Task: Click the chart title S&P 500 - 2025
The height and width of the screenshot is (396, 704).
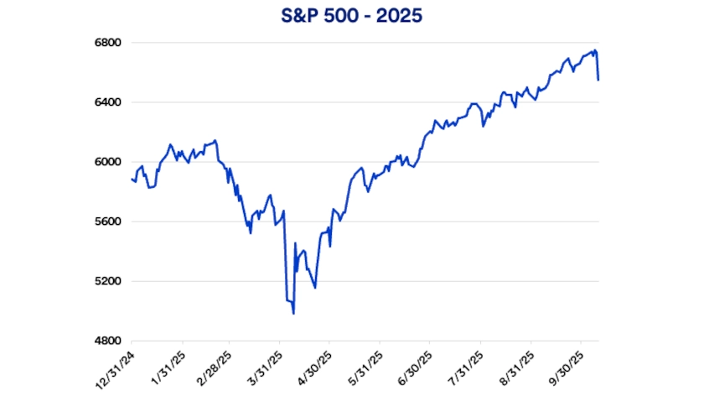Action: point(351,15)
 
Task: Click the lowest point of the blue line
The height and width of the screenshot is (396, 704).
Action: point(293,314)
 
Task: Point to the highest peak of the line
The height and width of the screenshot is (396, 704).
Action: point(595,49)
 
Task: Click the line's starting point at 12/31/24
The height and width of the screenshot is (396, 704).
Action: point(132,178)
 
